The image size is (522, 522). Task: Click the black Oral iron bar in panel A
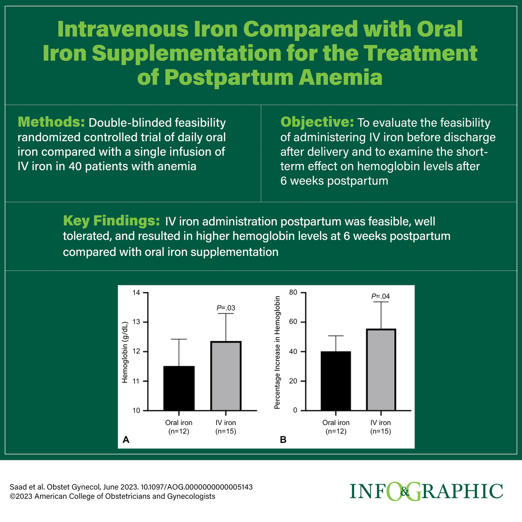[x=179, y=388]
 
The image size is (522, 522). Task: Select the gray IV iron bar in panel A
[x=226, y=376]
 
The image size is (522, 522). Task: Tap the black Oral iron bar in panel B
[x=336, y=381]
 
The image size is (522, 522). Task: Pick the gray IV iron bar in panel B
[x=381, y=369]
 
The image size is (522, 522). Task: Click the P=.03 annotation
[x=226, y=308]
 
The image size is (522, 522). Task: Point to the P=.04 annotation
[x=381, y=297]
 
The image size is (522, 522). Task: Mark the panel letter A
[x=126, y=440]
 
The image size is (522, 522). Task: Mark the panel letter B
[x=283, y=440]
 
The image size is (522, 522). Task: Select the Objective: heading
[x=317, y=122]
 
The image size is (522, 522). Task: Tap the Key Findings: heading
[x=111, y=221]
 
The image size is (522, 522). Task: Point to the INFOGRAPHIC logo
[x=426, y=492]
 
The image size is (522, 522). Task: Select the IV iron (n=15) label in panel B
[x=381, y=427]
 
